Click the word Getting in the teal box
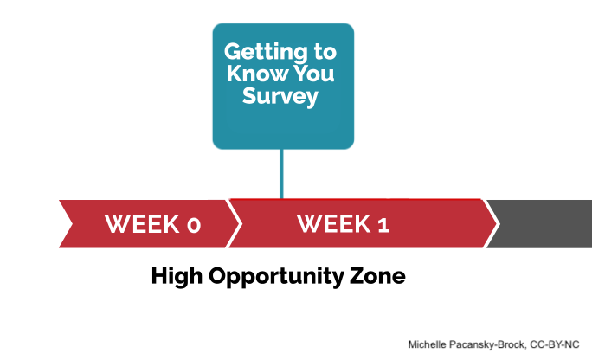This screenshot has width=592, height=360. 266,52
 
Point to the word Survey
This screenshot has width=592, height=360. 280,97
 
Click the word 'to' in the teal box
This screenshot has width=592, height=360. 325,52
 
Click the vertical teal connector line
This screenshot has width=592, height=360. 281,174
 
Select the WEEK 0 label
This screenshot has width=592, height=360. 152,224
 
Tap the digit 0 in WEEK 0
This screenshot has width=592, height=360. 194,225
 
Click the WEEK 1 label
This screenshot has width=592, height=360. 343,224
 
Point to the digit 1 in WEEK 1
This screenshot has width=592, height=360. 383,225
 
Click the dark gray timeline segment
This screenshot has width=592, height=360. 540,224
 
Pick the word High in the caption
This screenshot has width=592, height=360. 177,276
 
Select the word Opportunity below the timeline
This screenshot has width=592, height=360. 276,276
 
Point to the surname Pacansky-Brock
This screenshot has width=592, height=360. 487,344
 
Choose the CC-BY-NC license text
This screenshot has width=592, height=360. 555,344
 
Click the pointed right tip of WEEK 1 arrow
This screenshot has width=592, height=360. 495,224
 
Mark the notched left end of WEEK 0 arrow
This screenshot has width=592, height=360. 71,224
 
